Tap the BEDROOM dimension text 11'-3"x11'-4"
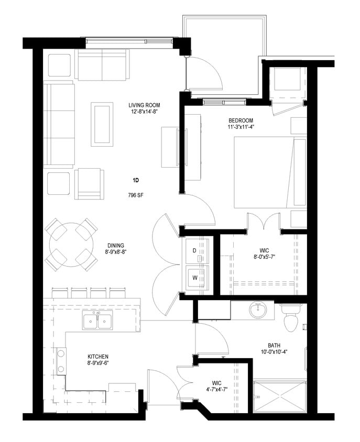point(241,126)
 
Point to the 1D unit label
point(135,180)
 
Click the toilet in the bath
point(291,319)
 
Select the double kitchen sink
point(97,321)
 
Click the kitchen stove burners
point(61,360)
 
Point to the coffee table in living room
point(102,125)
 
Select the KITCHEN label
point(98,357)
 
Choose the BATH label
point(274,345)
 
